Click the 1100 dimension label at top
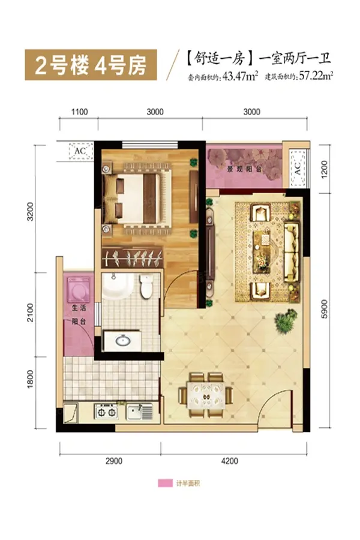pyautogui.click(x=79, y=112)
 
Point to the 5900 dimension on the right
pyautogui.click(x=325, y=309)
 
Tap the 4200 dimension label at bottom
pyautogui.click(x=230, y=461)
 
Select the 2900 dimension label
pyautogui.click(x=113, y=461)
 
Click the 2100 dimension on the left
pyautogui.click(x=31, y=313)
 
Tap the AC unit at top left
pyautogui.click(x=80, y=151)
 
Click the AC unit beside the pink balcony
pyautogui.click(x=298, y=169)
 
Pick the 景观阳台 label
pyautogui.click(x=245, y=169)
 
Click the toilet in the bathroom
pyautogui.click(x=146, y=286)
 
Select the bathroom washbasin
pyautogui.click(x=123, y=341)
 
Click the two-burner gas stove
pyautogui.click(x=106, y=412)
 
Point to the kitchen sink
pyautogui.click(x=139, y=412)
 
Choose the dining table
pyautogui.click(x=206, y=395)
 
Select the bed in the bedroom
pyautogui.click(x=137, y=199)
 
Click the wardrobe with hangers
pyautogui.click(x=132, y=257)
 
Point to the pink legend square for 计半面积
pyautogui.click(x=165, y=483)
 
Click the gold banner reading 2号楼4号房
pyautogui.click(x=91, y=65)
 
